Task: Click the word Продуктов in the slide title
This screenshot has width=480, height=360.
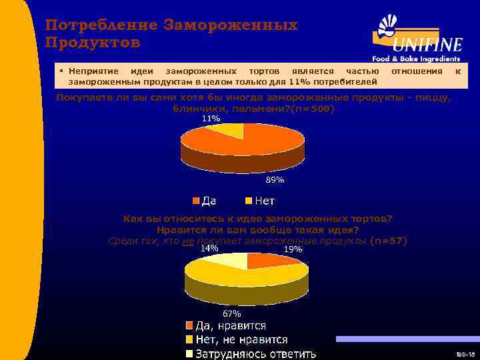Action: [92, 43]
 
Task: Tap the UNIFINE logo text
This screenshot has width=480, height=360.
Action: [427, 45]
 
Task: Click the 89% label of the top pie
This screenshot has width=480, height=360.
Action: [275, 181]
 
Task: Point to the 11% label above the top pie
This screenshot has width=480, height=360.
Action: [211, 119]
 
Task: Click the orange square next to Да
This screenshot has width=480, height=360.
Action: [196, 200]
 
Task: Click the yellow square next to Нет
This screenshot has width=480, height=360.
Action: [249, 200]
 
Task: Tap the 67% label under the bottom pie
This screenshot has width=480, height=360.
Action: [231, 313]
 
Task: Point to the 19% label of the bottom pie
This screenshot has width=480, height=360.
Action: [293, 249]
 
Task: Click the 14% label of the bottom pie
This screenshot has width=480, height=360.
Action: [209, 247]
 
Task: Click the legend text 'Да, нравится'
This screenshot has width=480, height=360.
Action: [230, 325]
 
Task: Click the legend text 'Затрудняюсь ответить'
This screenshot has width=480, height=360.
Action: [255, 353]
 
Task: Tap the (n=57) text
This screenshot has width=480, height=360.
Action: [388, 241]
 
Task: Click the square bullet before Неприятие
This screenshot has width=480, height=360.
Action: [61, 71]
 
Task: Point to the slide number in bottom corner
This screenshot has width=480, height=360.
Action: [465, 354]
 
